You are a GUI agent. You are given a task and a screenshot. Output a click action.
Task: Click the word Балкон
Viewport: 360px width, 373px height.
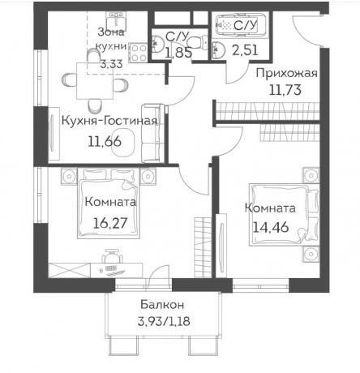coord(161,305)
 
